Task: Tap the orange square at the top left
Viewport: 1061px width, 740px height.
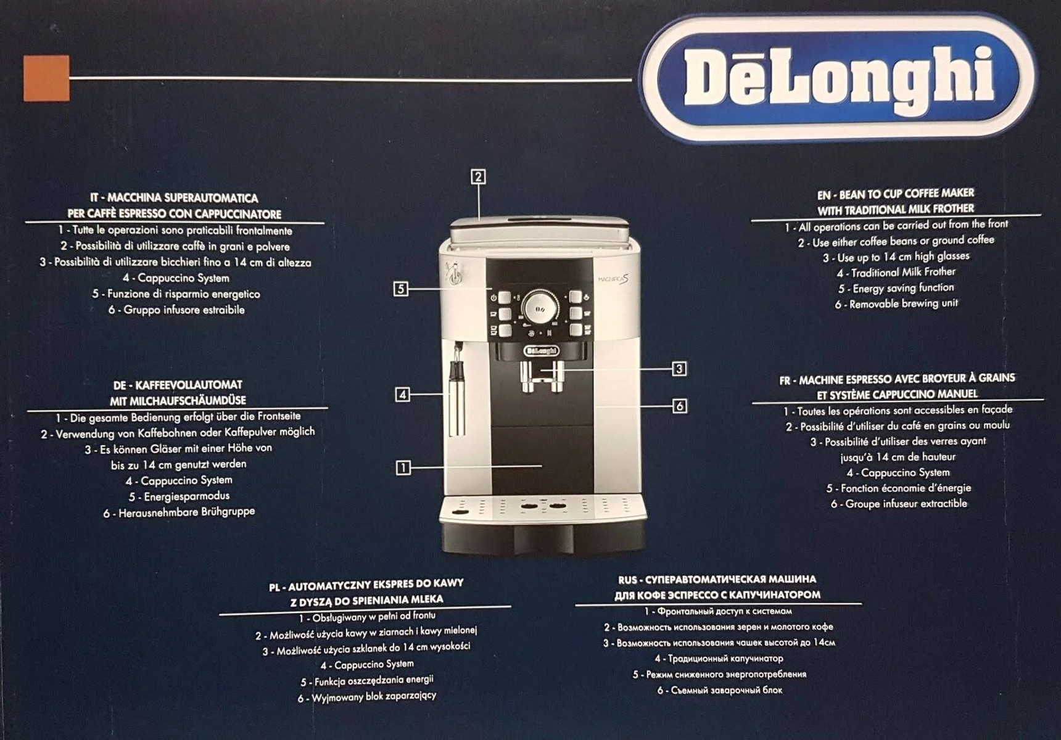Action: [x=46, y=78]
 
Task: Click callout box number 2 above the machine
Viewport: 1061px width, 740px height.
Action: [x=478, y=177]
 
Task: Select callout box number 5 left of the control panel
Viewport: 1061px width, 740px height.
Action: [x=401, y=289]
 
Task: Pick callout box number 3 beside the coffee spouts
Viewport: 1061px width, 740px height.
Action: [x=679, y=369]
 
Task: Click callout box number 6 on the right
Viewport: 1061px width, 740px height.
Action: [x=679, y=406]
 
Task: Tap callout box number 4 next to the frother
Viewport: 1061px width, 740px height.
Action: [x=402, y=394]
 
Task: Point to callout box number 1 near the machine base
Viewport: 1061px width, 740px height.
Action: [x=403, y=467]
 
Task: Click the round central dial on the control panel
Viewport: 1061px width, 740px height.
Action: [x=540, y=306]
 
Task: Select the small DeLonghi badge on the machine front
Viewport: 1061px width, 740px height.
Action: [x=542, y=351]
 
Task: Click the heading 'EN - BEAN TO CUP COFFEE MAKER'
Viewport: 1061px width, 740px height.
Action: [x=896, y=194]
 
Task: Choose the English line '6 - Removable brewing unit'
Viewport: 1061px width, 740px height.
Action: [x=896, y=304]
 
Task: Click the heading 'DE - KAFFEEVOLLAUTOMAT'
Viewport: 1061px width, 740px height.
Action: [x=178, y=385]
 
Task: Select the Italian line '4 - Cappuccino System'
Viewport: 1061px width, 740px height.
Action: [x=176, y=278]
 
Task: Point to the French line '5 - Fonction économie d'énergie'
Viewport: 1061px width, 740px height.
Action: [x=898, y=488]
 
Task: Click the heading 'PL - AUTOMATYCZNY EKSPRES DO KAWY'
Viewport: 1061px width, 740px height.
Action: [x=366, y=584]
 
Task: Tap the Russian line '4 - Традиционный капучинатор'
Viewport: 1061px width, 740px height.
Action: [x=719, y=659]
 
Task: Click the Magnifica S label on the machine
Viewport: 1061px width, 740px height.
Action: [x=613, y=279]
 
